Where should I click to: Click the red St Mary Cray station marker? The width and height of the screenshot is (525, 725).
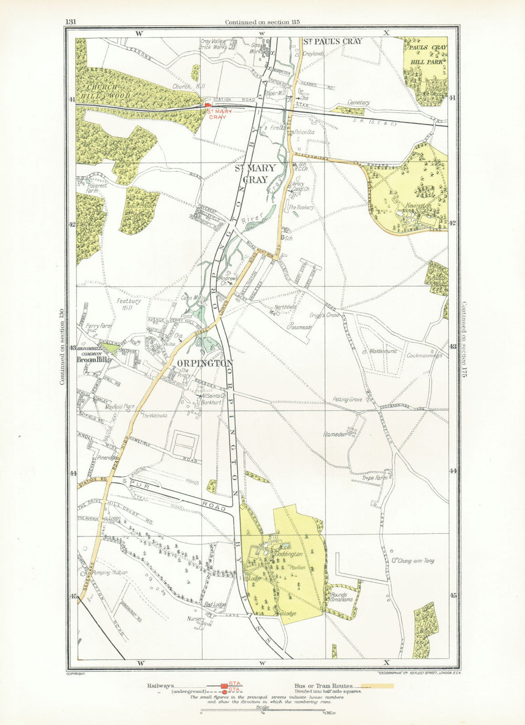[208, 106]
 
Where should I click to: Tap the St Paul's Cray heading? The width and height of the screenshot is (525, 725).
[333, 41]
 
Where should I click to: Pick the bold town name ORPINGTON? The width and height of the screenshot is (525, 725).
[205, 363]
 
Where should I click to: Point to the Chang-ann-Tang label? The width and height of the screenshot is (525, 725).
[416, 561]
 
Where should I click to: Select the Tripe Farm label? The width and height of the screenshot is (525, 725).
[375, 478]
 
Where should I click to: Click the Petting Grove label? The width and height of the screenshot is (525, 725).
[347, 400]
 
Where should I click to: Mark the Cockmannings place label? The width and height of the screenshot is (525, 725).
[424, 355]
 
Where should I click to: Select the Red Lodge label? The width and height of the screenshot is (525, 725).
[215, 605]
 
